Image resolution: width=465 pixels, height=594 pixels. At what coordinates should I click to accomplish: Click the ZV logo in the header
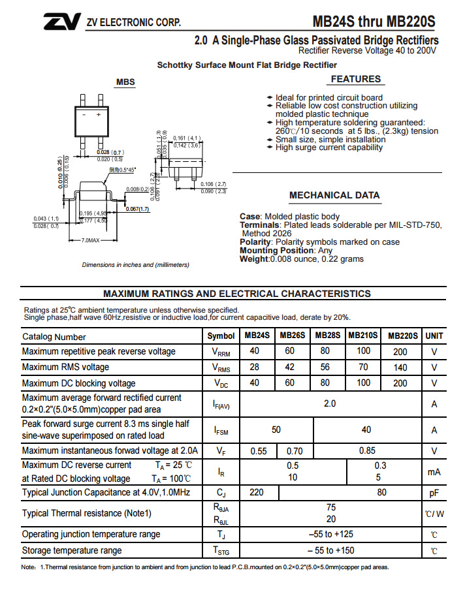tap(61, 22)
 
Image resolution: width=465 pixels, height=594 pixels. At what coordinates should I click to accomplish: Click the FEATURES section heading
tap(355, 79)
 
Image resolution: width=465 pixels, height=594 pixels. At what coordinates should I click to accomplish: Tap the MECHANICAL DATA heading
tap(334, 195)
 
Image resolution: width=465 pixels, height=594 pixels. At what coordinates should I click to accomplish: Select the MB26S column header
tap(292, 336)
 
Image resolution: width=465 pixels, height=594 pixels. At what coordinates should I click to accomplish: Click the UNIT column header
tap(434, 336)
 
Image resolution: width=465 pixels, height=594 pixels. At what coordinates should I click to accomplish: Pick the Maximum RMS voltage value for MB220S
tap(400, 367)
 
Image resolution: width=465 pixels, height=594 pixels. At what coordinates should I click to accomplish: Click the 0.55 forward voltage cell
tap(259, 450)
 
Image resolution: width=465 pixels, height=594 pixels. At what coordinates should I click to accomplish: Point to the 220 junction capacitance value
tap(257, 492)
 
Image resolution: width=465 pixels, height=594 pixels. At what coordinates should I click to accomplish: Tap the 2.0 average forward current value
tap(330, 403)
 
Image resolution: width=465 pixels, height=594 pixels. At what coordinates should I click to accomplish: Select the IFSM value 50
tap(276, 430)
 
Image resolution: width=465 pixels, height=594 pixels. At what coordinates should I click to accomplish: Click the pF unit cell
tap(434, 492)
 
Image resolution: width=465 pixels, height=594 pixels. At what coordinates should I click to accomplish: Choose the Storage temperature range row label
tap(72, 551)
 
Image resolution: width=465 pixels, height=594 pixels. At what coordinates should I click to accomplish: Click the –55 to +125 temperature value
tap(330, 535)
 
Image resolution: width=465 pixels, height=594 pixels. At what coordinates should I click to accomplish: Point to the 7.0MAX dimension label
tap(90, 241)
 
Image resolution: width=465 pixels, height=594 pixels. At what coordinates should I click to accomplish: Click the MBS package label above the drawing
tap(125, 82)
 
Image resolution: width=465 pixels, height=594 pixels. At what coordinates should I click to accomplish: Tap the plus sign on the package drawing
tap(99, 114)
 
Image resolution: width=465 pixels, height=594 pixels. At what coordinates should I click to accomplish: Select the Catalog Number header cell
tap(54, 337)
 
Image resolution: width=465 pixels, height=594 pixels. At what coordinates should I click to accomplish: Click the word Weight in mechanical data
tap(253, 259)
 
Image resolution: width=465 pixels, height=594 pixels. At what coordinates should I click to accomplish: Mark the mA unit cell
tap(434, 471)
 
